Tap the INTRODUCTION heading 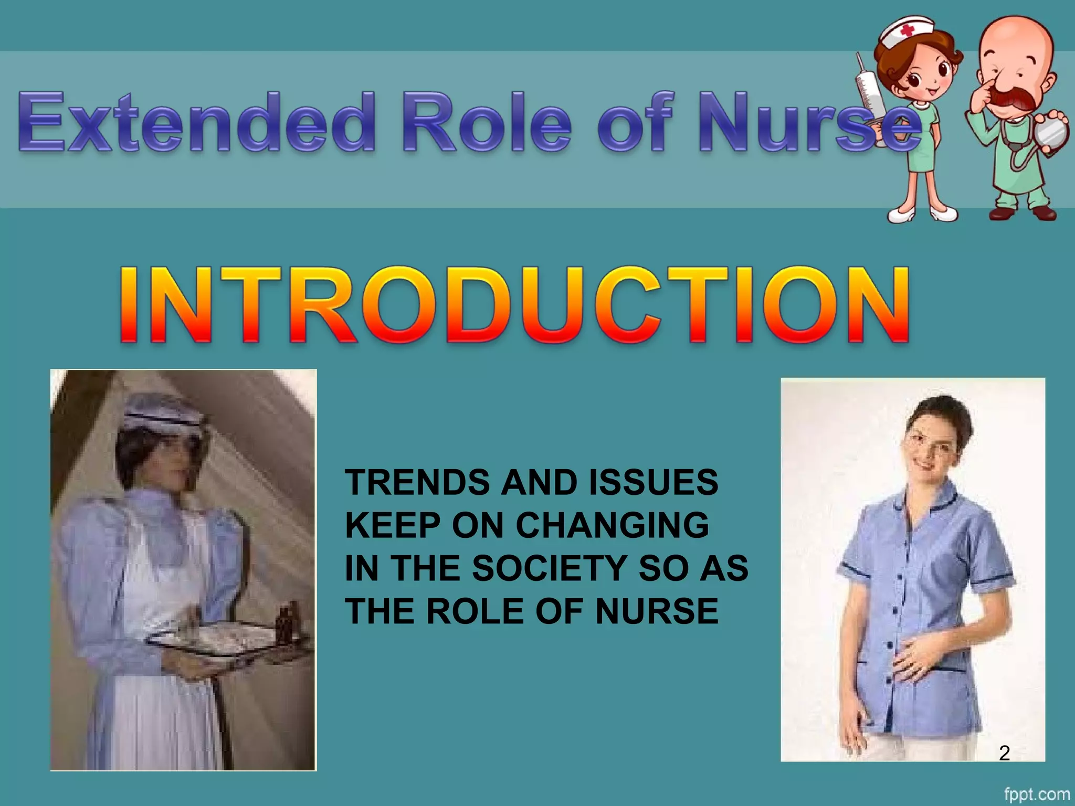point(514,305)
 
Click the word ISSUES point(653,482)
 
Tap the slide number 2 point(1004,754)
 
